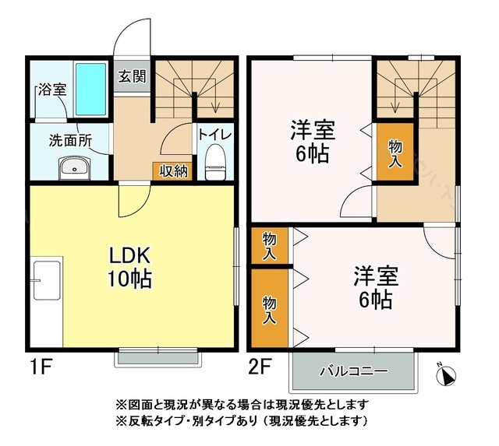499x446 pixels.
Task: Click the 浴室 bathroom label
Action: pos(52,90)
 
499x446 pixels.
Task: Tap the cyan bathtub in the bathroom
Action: pos(90,90)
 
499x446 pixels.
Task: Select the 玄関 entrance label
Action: pos(132,76)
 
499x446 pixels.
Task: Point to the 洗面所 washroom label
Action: pos(71,140)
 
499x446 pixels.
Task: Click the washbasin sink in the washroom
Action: pos(75,167)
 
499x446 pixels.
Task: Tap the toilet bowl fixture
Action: pos(215,162)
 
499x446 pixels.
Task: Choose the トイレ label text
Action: pos(215,135)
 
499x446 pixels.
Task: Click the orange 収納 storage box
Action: pos(172,172)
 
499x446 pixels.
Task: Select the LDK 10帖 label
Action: pos(129,267)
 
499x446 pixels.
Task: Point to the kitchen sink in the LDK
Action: pos(47,280)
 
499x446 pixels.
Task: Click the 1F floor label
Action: pos(41,367)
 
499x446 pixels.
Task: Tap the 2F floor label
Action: pos(260,367)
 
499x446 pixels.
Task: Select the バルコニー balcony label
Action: pos(354,371)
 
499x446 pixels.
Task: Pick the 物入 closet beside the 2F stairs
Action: pos(395,152)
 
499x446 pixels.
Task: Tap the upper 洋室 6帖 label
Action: pos(313,142)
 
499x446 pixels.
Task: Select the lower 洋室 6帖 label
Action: pos(376,287)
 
